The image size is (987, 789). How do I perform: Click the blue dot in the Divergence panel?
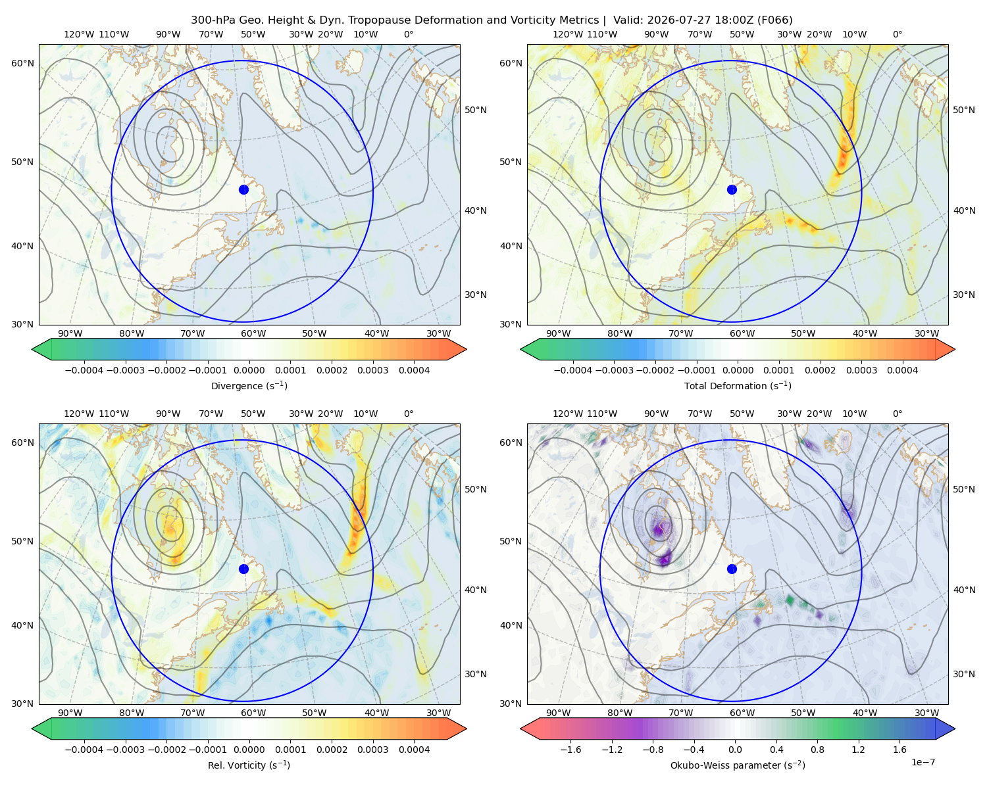click(243, 189)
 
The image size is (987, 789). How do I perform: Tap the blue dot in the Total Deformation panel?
click(732, 189)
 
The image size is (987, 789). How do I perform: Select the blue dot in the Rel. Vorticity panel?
click(243, 569)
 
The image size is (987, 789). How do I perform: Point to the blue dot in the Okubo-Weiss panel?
click(732, 569)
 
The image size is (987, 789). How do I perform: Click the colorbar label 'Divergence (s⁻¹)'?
click(249, 385)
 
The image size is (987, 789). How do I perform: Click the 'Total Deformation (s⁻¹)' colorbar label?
click(738, 385)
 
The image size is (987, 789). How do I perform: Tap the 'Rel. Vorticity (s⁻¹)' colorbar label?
click(249, 765)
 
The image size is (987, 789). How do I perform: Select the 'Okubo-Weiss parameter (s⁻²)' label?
click(738, 765)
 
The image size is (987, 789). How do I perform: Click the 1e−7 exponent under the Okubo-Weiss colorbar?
click(923, 762)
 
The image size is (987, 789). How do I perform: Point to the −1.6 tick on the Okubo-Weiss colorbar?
click(570, 749)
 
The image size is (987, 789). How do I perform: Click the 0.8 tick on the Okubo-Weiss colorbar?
click(817, 749)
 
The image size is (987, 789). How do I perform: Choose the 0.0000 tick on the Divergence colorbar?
click(249, 370)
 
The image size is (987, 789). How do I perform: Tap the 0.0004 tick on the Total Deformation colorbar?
click(902, 370)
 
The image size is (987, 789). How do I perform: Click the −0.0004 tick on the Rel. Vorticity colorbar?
click(84, 749)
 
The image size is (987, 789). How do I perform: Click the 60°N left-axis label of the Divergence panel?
click(22, 63)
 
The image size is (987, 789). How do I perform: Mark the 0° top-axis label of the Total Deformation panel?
click(897, 34)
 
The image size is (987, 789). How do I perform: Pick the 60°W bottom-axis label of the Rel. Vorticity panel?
click(253, 713)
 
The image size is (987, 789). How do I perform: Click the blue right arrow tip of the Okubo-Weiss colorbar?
click(955, 728)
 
